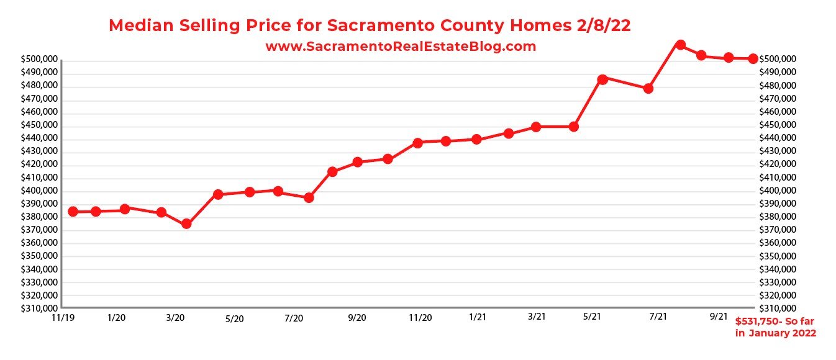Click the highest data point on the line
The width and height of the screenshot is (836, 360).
(680, 45)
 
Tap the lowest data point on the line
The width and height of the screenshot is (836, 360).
(186, 224)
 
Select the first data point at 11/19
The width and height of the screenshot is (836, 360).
(73, 212)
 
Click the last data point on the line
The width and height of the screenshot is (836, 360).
(752, 58)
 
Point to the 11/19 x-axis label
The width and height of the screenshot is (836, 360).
(61, 317)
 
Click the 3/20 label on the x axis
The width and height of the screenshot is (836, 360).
(175, 318)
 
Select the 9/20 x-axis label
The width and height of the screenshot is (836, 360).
(357, 318)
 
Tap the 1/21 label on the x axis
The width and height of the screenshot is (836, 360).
(477, 317)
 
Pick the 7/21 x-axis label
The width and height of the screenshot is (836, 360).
(658, 317)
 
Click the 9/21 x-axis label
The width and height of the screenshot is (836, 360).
(719, 316)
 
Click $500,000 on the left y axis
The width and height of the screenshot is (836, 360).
(39, 60)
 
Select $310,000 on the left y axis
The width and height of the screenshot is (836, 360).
(39, 308)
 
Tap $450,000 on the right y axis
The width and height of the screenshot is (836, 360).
(776, 125)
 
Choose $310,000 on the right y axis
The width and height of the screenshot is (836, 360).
(776, 308)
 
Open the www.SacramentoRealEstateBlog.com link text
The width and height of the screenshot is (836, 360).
(401, 47)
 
